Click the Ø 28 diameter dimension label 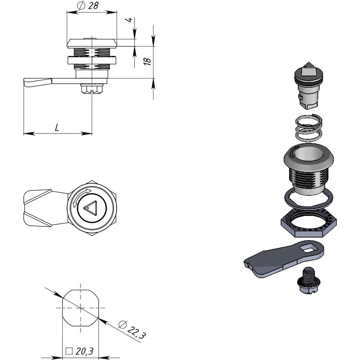(x=88, y=5)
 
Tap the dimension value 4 (x=129, y=20)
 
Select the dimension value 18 (x=147, y=61)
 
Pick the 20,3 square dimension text (x=85, y=351)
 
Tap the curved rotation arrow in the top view (x=80, y=196)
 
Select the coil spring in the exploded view (x=309, y=129)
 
